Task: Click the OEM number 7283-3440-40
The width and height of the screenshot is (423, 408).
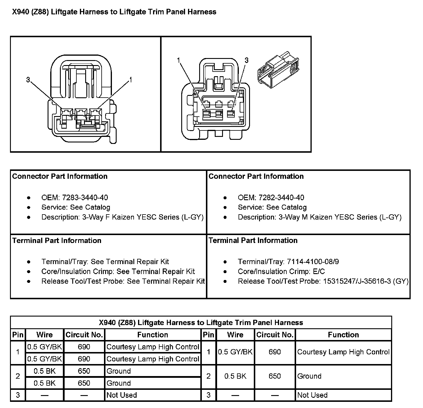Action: click(85, 197)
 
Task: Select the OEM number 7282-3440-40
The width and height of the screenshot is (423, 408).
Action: click(281, 197)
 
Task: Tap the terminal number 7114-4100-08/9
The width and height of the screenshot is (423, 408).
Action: click(313, 261)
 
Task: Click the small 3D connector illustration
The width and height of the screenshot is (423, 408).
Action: click(278, 70)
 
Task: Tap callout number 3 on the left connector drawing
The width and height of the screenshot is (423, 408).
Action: click(28, 80)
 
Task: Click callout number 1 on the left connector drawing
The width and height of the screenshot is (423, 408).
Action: click(131, 80)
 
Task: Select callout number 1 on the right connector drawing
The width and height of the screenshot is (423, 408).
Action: click(179, 60)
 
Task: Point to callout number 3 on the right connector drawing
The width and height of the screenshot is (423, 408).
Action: click(246, 60)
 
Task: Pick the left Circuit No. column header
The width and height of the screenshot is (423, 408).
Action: click(84, 335)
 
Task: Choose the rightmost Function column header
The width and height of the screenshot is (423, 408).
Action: click(343, 335)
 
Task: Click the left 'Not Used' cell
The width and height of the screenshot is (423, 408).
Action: click(122, 395)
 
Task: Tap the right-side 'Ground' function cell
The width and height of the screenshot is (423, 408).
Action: click(309, 376)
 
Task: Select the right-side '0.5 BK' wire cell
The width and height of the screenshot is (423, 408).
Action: click(235, 376)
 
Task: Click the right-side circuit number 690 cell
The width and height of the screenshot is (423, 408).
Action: click(275, 352)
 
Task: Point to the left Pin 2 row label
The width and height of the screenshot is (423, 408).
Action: click(18, 376)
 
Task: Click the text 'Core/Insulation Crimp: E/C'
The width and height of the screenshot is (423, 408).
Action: click(281, 271)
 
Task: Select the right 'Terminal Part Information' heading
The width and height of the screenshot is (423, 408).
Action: click(253, 240)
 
